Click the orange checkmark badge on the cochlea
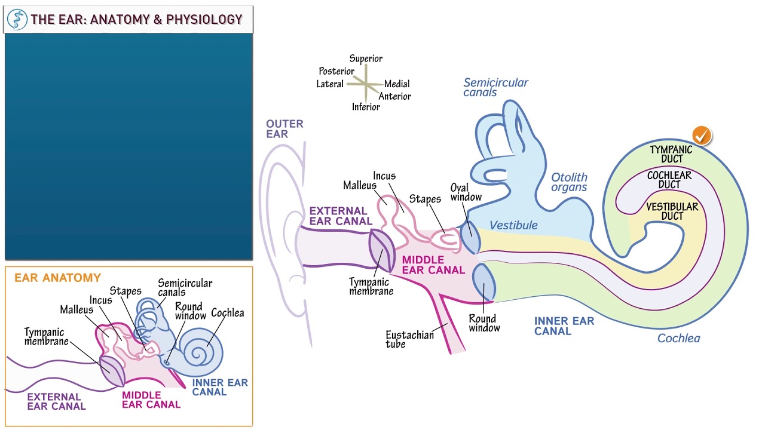click(x=702, y=136)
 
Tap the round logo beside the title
click(x=17, y=20)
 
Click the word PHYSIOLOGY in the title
click(x=204, y=20)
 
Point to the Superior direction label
click(x=366, y=59)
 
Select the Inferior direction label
click(x=366, y=107)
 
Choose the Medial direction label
click(x=397, y=84)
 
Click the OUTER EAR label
click(x=284, y=129)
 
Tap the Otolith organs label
click(x=569, y=182)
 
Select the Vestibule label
click(x=513, y=225)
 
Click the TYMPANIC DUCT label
click(x=671, y=154)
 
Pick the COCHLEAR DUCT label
click(x=669, y=180)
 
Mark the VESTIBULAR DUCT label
click(x=672, y=211)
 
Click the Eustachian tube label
click(x=409, y=339)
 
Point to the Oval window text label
click(x=466, y=193)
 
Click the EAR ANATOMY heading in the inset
click(x=57, y=278)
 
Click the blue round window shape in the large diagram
click(x=484, y=282)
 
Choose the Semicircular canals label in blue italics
click(x=495, y=88)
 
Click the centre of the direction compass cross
click(x=366, y=84)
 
